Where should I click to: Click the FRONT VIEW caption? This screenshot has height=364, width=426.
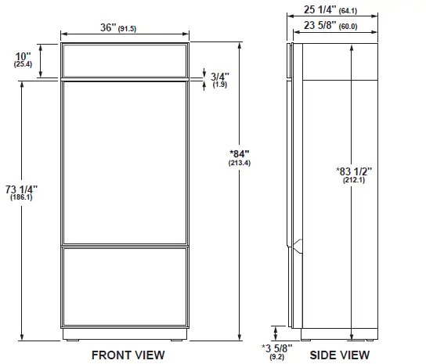pos(128,355)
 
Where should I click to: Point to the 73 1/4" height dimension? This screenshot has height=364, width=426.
pos(22,189)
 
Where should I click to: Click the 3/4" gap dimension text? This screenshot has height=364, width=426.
pos(218,76)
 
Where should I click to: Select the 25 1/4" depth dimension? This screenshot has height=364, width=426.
pos(322,9)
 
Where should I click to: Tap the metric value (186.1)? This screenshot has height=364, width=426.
pos(22,198)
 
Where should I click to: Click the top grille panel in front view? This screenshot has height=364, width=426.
pos(125,59)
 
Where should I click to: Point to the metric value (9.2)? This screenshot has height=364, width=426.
pos(278,356)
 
